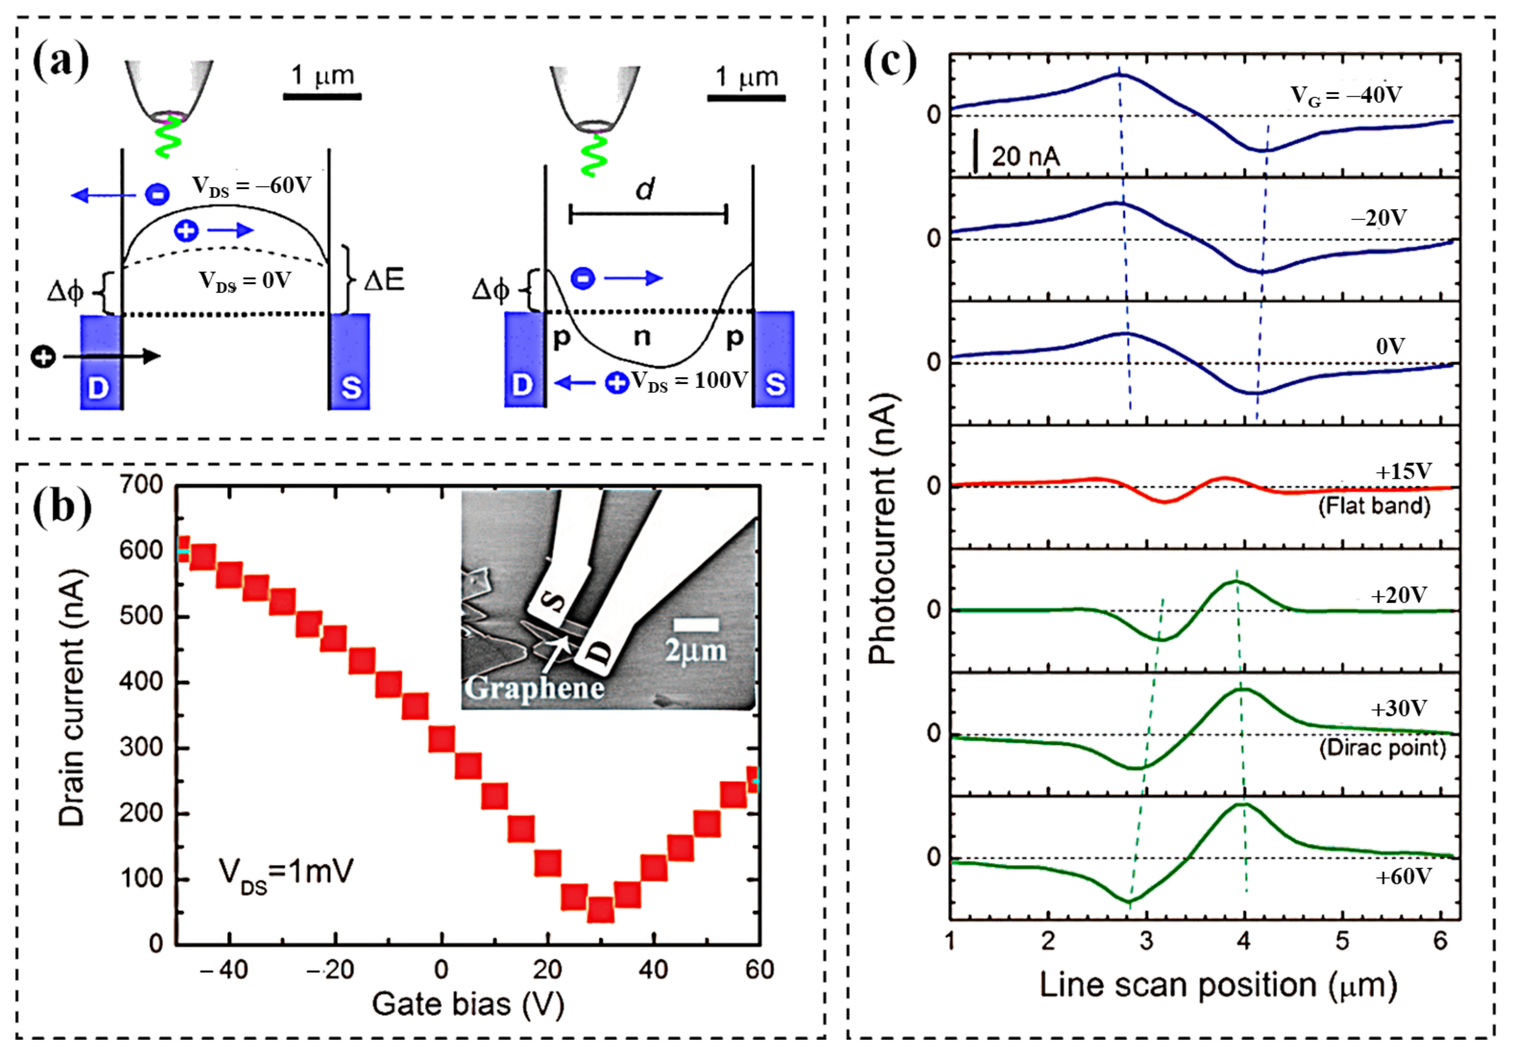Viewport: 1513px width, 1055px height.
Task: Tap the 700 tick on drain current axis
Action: click(x=141, y=485)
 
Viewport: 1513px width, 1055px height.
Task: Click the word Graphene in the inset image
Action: click(x=534, y=688)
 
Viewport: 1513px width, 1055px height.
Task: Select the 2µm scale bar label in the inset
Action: click(x=695, y=651)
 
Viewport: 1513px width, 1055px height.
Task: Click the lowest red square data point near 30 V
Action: click(x=600, y=909)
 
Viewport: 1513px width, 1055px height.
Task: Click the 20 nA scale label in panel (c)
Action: click(x=1025, y=157)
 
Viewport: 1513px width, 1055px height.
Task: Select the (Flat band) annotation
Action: click(x=1375, y=506)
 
